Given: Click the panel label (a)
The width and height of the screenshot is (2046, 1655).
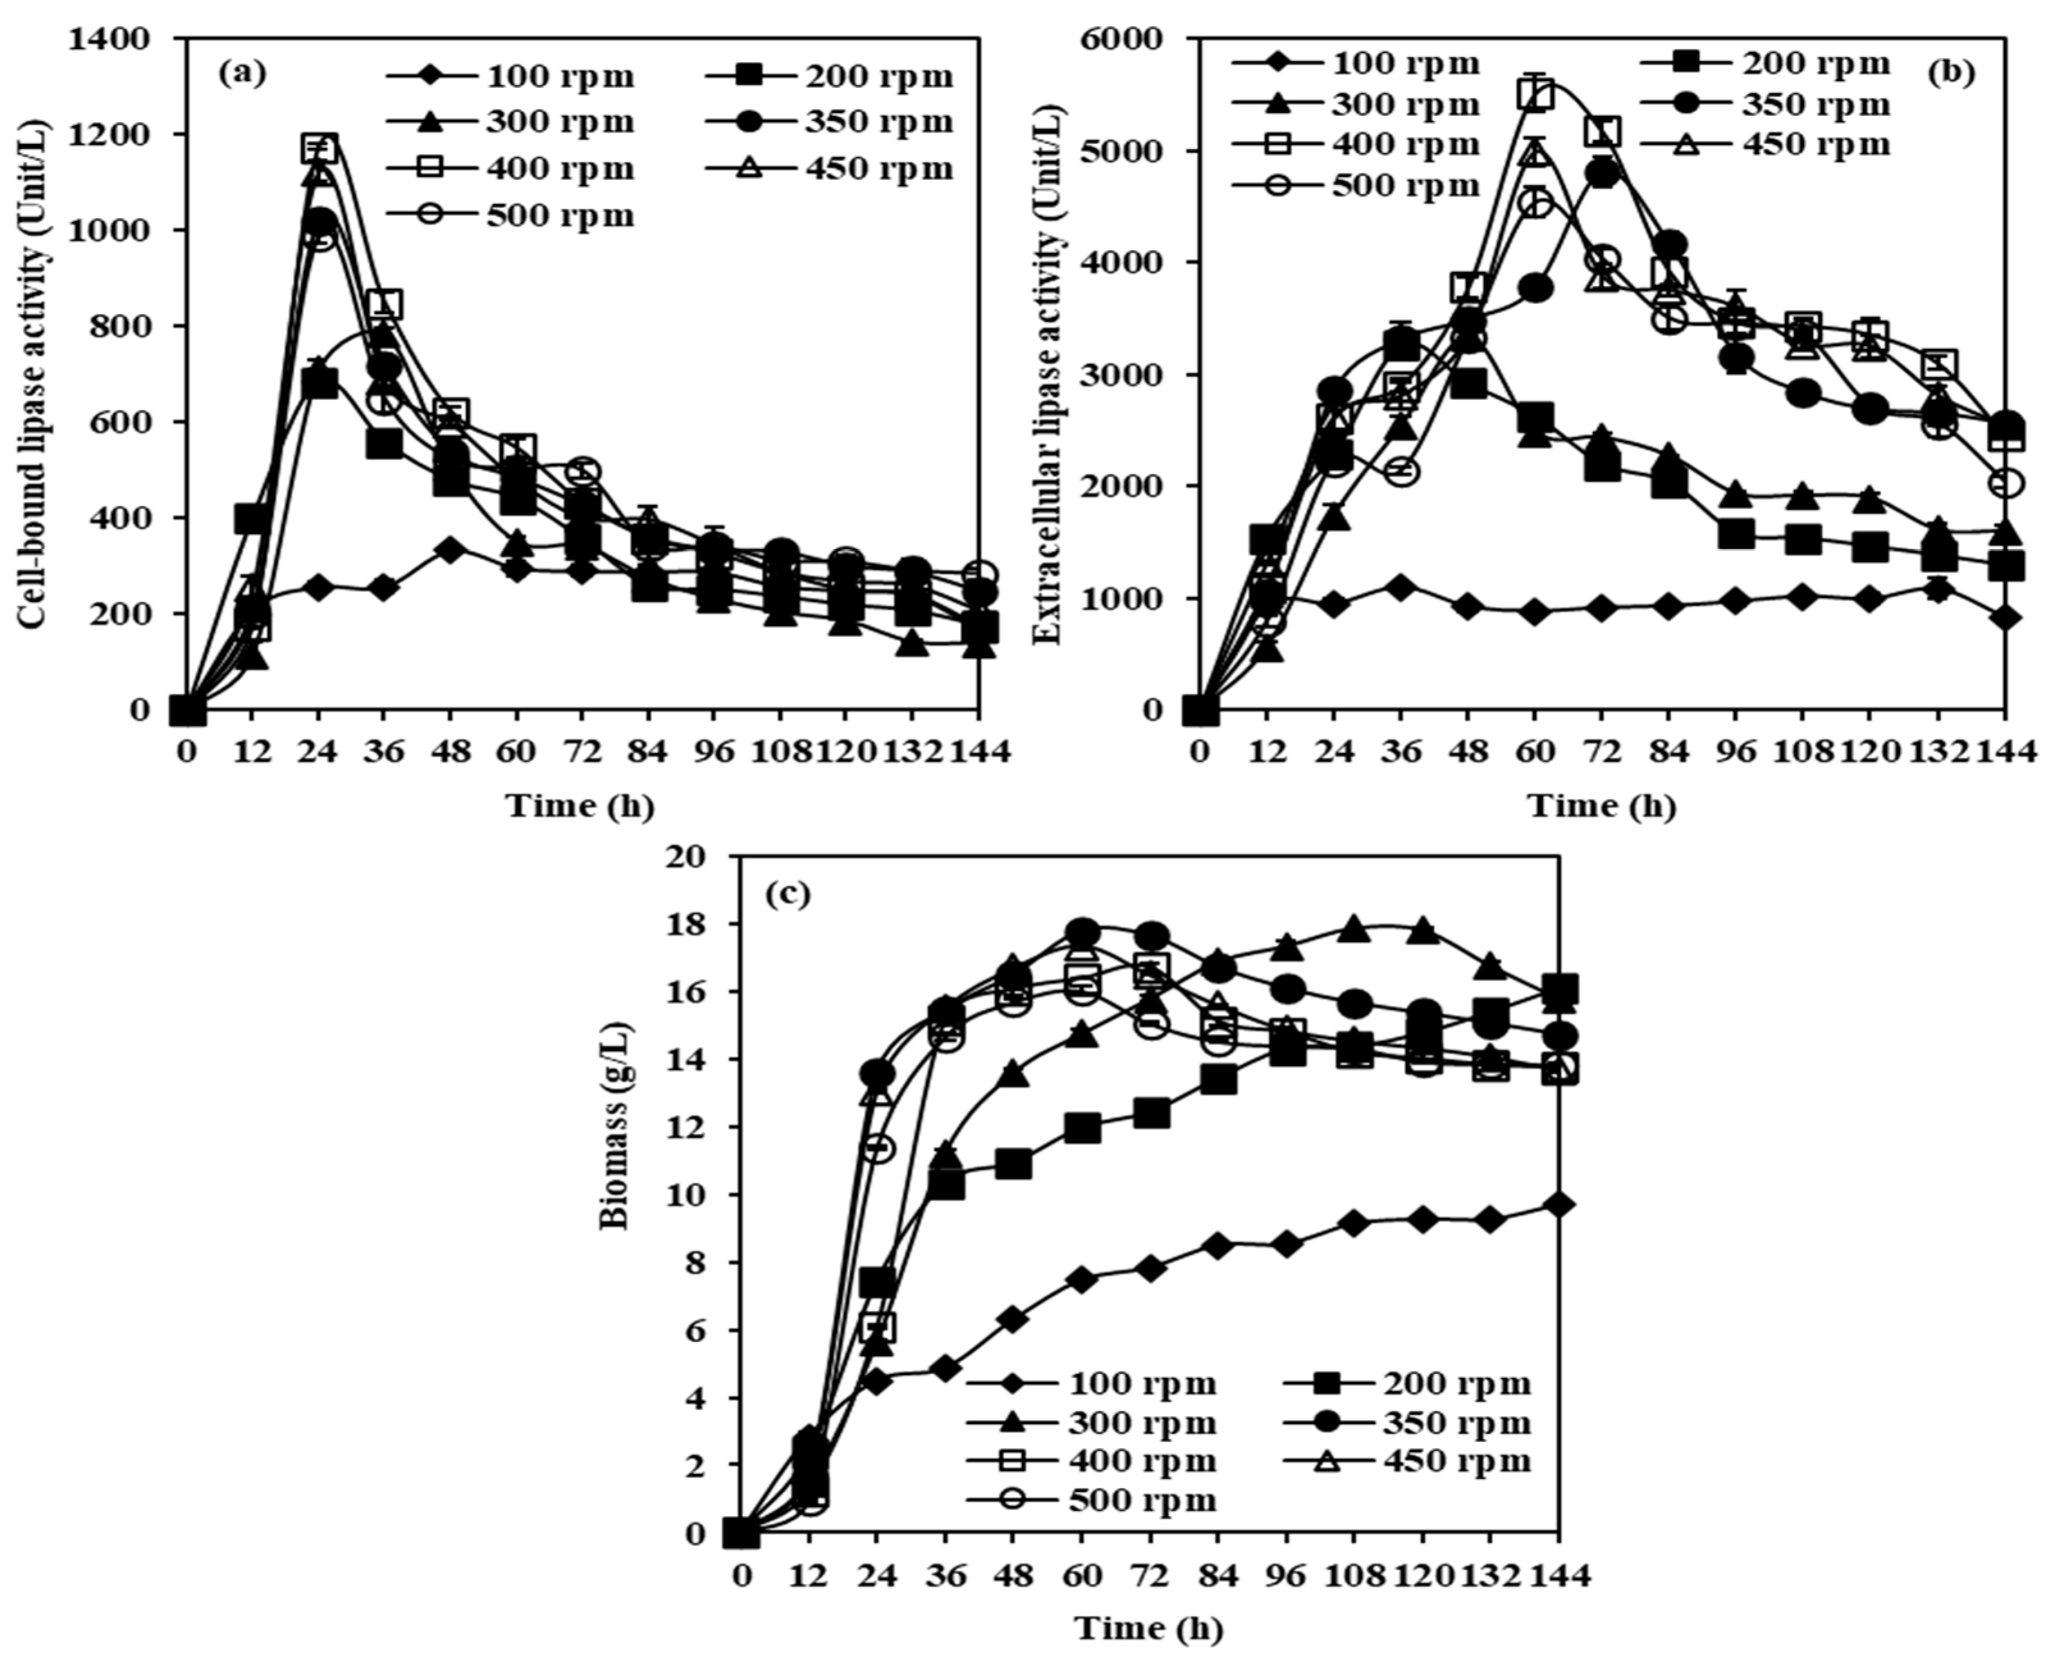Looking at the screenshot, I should point(241,74).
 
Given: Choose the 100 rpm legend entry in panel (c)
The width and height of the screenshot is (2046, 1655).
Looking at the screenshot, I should point(1092,1382).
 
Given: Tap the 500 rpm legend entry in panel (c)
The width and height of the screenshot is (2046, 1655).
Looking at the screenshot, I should point(1092,1501).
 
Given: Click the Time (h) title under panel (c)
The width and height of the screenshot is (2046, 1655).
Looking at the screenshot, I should point(1149,1626).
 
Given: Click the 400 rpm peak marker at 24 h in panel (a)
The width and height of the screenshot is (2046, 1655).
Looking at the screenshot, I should point(319,148).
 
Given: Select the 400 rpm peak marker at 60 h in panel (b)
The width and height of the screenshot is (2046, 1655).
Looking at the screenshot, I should point(1535,93).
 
